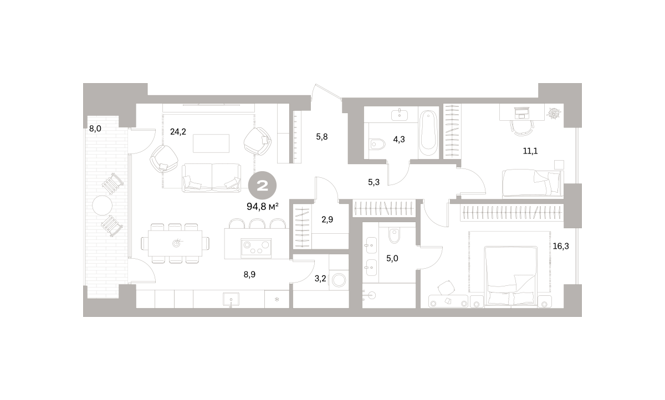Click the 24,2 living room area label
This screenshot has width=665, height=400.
(x=178, y=131)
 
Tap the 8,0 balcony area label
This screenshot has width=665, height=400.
(x=95, y=129)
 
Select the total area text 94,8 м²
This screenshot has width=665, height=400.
(x=263, y=207)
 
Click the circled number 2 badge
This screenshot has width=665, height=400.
(x=263, y=186)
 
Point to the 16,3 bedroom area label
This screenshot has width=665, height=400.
(x=561, y=247)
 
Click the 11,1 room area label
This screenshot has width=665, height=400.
(x=530, y=151)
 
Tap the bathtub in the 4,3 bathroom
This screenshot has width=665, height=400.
(x=429, y=133)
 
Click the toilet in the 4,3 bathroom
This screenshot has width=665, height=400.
(x=377, y=145)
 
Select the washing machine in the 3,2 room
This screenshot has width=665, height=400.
(x=339, y=280)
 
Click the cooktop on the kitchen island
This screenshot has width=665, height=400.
(x=256, y=248)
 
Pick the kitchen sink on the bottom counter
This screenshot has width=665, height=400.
(x=231, y=299)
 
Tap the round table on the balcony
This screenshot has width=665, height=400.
(x=102, y=206)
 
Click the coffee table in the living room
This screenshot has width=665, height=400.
(x=211, y=143)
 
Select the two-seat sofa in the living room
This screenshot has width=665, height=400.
(x=211, y=178)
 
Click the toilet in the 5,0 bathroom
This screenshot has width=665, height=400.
(x=394, y=236)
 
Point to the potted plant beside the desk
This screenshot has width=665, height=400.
(x=554, y=113)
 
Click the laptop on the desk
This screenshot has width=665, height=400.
(x=522, y=113)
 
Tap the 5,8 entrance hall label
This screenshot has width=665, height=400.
(x=322, y=137)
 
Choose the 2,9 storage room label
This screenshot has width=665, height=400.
(x=327, y=219)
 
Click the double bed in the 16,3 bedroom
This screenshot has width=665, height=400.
(x=510, y=276)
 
